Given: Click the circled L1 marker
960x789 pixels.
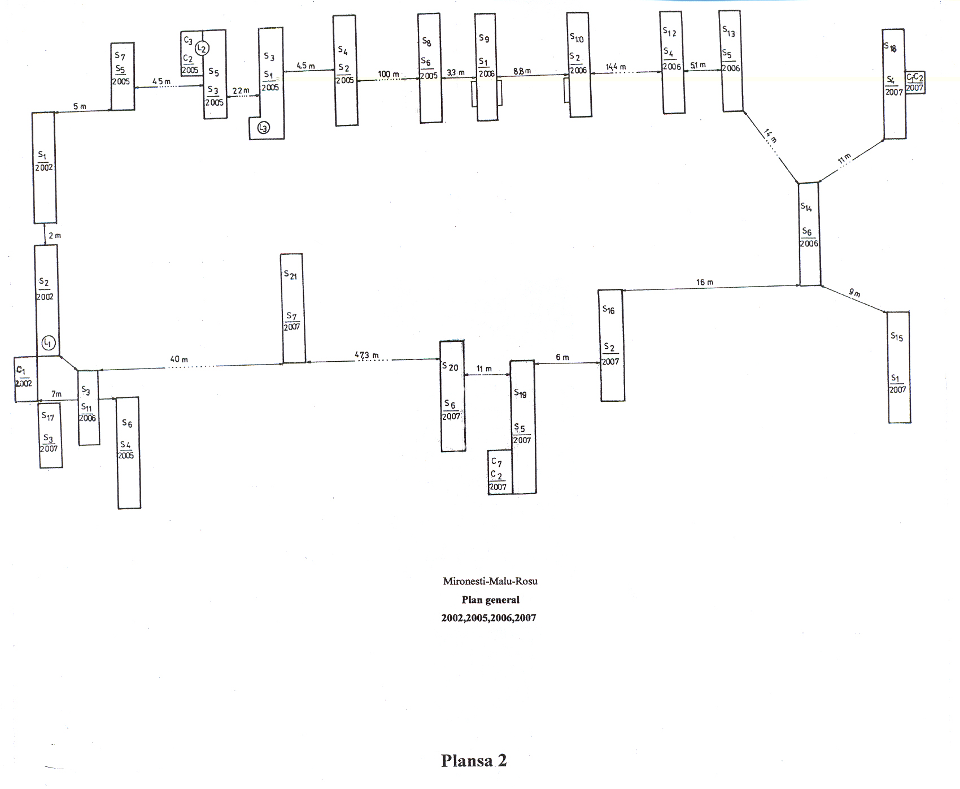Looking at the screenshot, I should (x=49, y=343).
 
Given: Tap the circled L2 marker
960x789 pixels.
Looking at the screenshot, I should (x=202, y=49).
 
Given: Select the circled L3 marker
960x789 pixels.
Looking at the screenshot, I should (x=263, y=128).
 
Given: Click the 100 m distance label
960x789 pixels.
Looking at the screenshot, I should (x=389, y=74).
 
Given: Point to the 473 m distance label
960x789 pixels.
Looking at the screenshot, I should (x=366, y=356).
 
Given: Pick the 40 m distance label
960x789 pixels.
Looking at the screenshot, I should (x=179, y=359).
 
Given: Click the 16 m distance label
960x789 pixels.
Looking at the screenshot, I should (x=705, y=282).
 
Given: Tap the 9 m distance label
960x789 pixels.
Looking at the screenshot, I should (x=854, y=293).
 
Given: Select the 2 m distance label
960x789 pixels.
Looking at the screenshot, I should (x=54, y=236).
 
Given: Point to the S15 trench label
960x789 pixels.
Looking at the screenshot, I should (x=897, y=337).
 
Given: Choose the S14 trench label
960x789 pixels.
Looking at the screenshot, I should (x=806, y=207).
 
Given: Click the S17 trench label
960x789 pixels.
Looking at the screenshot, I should (x=48, y=417).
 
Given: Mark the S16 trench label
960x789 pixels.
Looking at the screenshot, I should (x=608, y=310).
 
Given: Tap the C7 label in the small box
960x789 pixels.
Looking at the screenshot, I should (x=496, y=462).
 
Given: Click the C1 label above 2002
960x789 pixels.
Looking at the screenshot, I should (x=21, y=370).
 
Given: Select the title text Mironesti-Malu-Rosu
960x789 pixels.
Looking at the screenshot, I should (x=490, y=581).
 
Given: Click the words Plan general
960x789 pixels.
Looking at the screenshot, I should (x=490, y=600).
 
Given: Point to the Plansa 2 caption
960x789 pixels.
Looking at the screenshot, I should (x=474, y=761).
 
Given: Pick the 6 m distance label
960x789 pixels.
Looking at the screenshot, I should (x=562, y=357).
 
